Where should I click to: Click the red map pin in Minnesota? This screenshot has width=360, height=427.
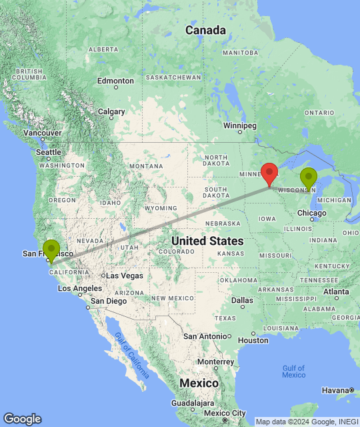(x=269, y=173)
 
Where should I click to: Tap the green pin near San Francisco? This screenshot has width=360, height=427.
(x=51, y=250)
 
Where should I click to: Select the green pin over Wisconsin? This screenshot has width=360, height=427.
(x=309, y=178)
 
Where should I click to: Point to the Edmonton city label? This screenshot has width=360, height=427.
(x=115, y=81)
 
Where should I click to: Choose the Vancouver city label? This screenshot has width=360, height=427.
(x=43, y=133)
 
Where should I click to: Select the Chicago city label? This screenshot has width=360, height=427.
(x=312, y=213)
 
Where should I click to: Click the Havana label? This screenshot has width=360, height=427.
(x=337, y=390)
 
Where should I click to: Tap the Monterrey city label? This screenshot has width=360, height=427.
(x=215, y=361)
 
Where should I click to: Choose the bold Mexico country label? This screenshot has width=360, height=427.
(x=199, y=384)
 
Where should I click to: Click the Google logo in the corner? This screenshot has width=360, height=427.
(x=21, y=418)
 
